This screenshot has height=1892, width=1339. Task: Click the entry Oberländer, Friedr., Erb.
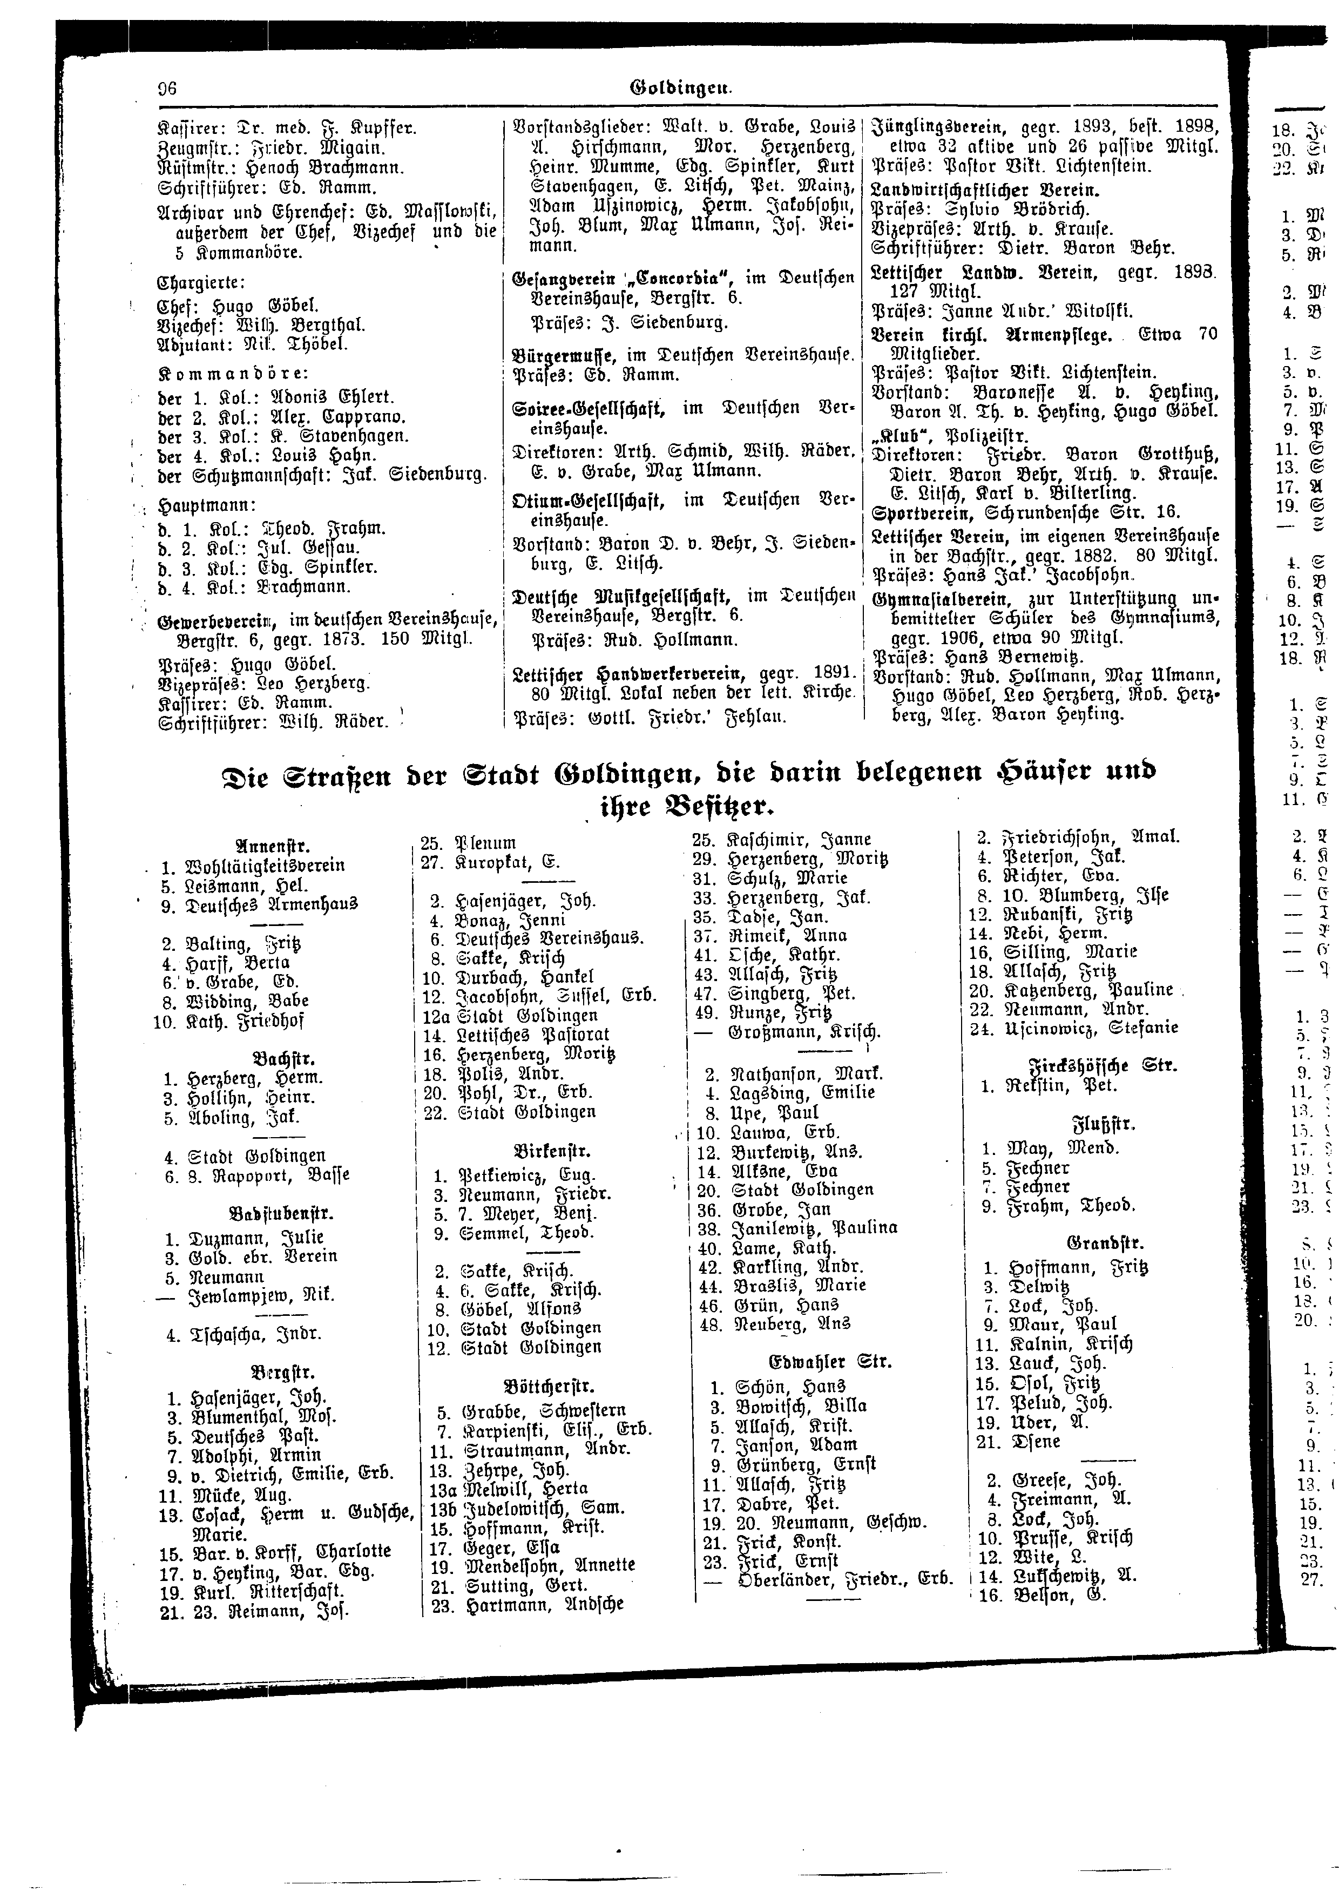[841, 1579]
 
